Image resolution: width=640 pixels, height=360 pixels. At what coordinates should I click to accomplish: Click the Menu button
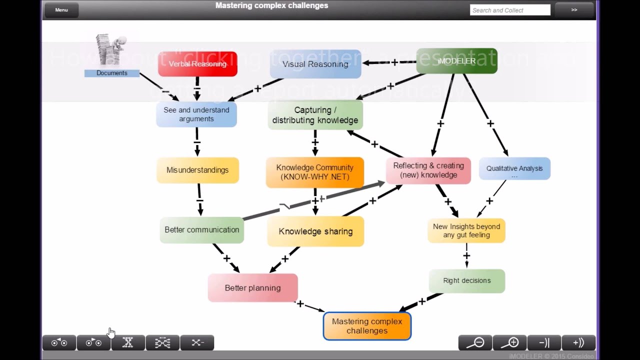tap(61, 10)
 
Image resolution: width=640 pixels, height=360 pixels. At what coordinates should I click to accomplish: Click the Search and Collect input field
tap(509, 10)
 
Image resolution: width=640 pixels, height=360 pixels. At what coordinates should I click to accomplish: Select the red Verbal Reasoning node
tap(197, 64)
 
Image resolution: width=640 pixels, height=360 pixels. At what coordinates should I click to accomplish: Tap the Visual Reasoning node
tap(315, 64)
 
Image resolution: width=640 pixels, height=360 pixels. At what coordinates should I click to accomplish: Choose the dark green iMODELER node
tap(456, 61)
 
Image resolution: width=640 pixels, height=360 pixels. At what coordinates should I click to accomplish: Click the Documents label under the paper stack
tap(111, 73)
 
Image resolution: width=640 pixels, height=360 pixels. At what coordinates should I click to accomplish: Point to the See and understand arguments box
tap(196, 114)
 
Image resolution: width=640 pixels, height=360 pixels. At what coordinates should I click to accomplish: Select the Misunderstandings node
tap(197, 170)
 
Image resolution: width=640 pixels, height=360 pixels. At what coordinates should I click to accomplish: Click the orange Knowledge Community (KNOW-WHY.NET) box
tap(314, 172)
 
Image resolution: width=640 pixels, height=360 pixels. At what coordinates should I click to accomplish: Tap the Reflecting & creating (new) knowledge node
tap(428, 170)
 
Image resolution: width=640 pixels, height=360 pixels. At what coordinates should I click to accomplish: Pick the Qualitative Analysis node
tap(514, 169)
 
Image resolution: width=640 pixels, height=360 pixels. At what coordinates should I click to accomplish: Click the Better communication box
tap(201, 230)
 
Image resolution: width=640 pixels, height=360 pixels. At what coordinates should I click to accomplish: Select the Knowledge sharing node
tap(315, 231)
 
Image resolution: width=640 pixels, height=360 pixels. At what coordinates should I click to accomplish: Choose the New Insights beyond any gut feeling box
tap(466, 230)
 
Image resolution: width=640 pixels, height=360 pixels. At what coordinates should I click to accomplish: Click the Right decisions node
tap(466, 280)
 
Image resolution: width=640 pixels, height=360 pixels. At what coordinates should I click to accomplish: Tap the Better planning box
tap(252, 288)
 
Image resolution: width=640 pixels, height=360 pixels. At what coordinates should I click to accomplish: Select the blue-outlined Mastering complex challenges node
tap(367, 326)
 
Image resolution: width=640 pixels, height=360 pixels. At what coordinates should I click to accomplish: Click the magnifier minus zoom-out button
tap(475, 342)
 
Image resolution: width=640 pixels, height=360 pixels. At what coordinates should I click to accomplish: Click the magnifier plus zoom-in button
tap(510, 342)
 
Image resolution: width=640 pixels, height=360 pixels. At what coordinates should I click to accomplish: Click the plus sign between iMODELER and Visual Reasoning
tap(394, 62)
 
